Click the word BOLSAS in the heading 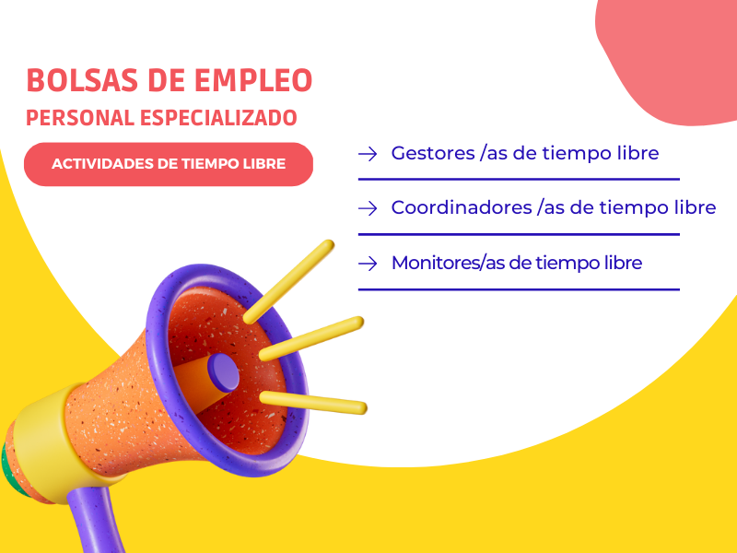click(x=82, y=80)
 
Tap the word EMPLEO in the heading click(x=253, y=80)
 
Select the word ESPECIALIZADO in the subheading click(x=218, y=118)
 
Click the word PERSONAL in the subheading click(x=80, y=118)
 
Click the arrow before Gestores click(x=368, y=154)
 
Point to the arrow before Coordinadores click(x=368, y=208)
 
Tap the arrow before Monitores click(x=368, y=264)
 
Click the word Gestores click(x=433, y=153)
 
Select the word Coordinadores click(x=462, y=208)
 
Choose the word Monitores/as click(x=449, y=263)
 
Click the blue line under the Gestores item click(x=519, y=179)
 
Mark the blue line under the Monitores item click(x=519, y=289)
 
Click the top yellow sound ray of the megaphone click(x=288, y=282)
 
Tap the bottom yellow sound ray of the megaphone click(x=313, y=403)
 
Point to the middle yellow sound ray click(x=311, y=338)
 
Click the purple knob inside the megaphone click(x=223, y=373)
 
